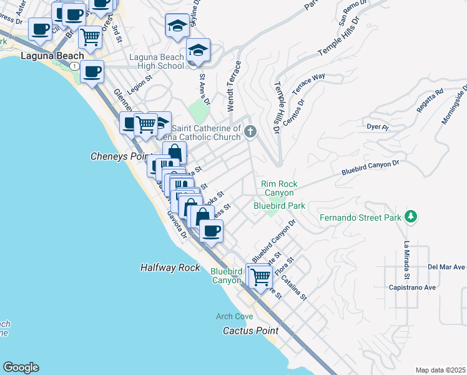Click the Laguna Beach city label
point(44,56)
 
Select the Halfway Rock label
point(170,267)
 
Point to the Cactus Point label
point(251,330)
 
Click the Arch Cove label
point(235,317)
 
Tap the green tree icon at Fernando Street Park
point(411,217)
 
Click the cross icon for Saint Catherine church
point(250,131)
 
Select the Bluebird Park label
point(279,205)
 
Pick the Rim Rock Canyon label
point(279,188)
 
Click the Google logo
point(21,367)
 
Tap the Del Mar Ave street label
point(446,267)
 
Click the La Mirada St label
point(406,259)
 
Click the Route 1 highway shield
point(74,66)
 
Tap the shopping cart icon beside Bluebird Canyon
point(260,276)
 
